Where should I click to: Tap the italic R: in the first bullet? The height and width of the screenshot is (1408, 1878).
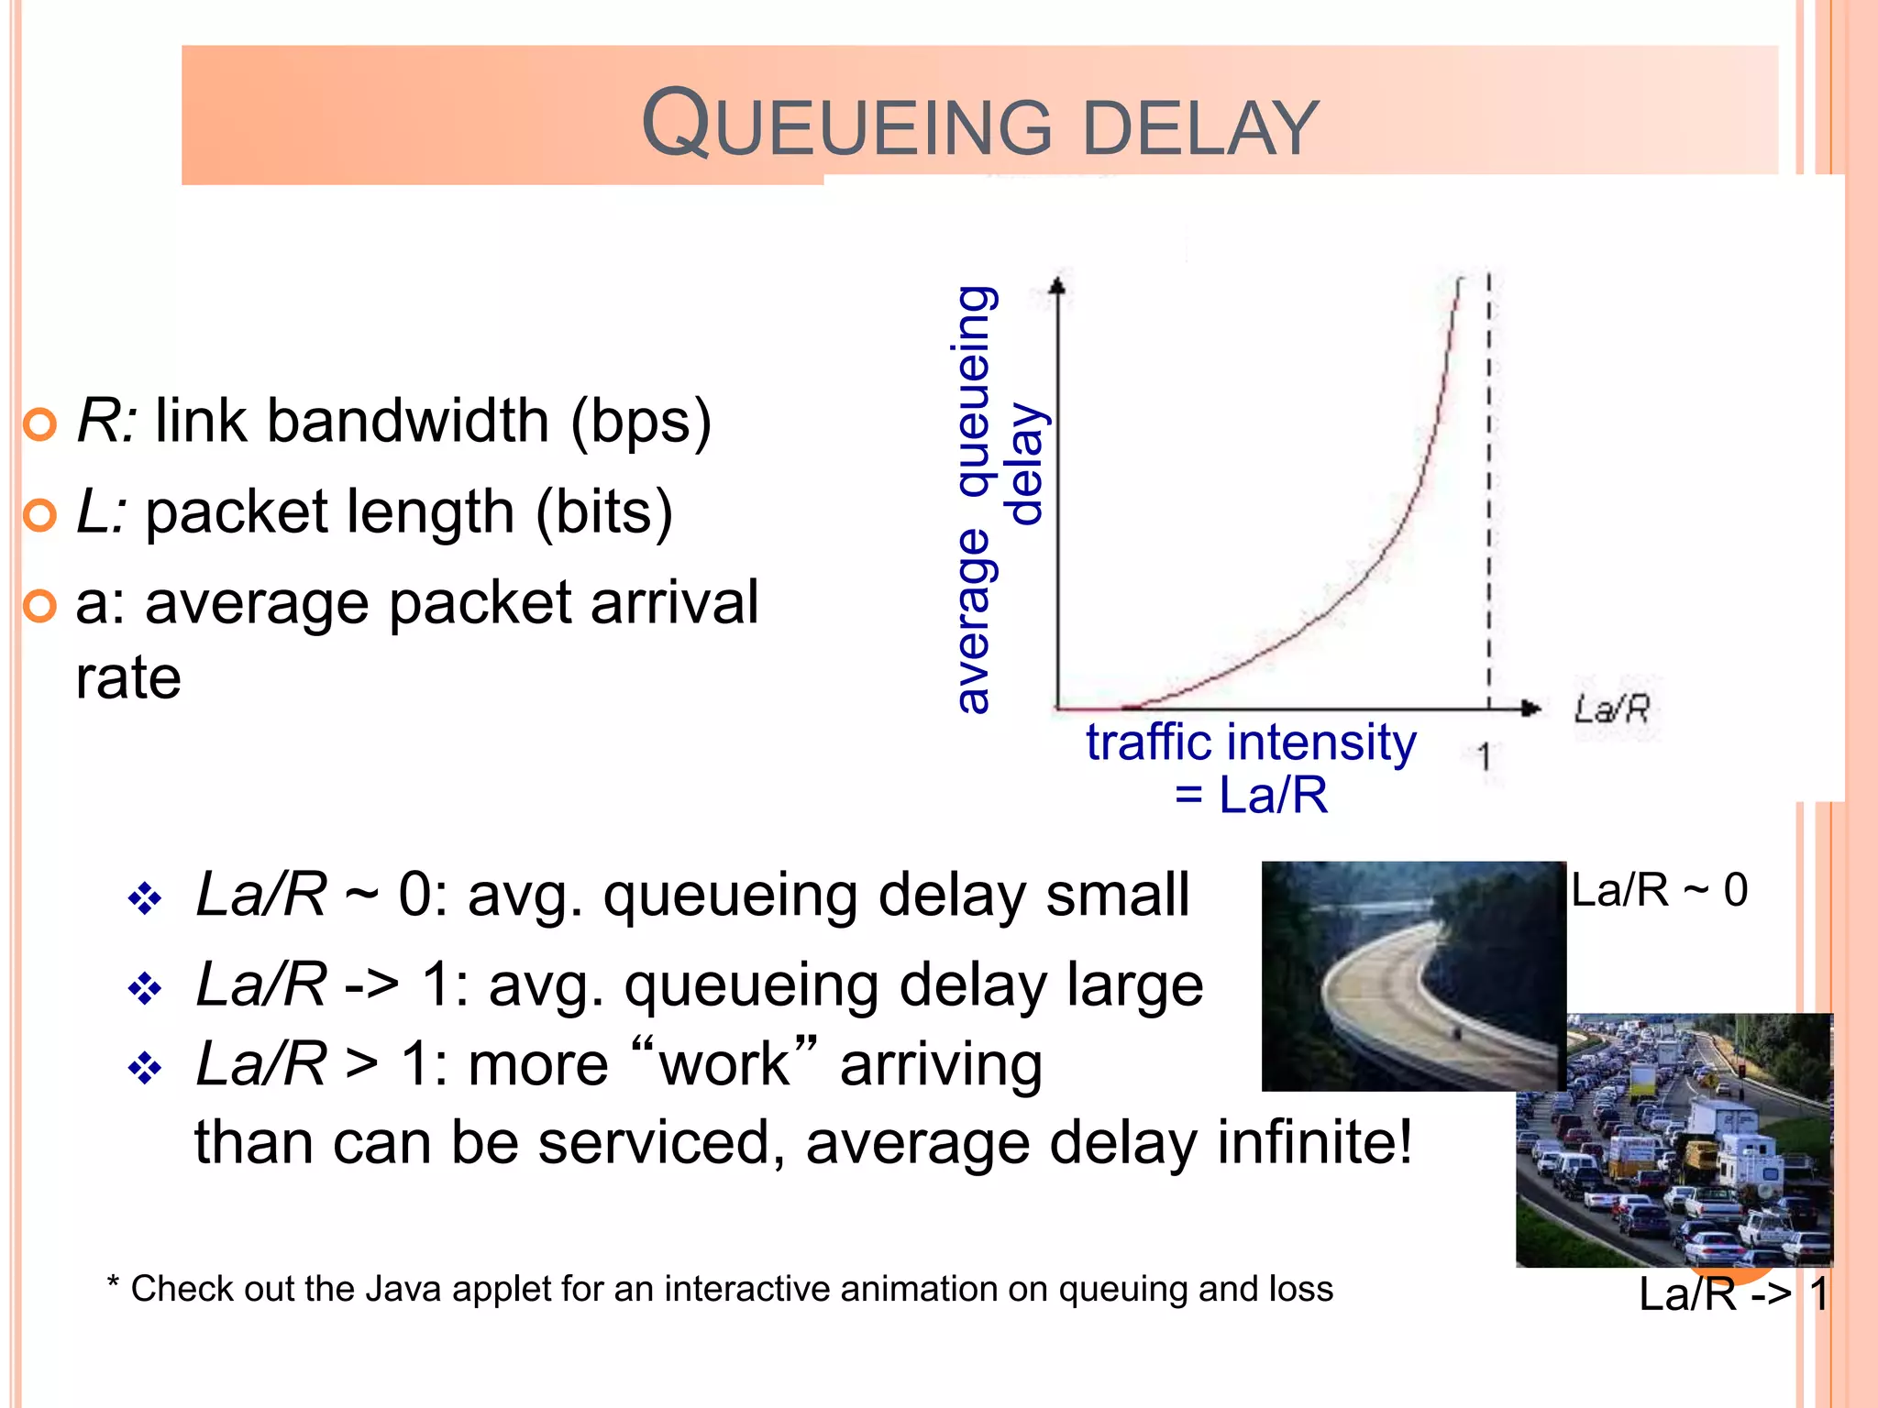106,422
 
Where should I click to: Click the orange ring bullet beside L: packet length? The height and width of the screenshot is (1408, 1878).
39,514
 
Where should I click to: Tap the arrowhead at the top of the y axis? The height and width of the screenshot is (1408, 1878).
1058,286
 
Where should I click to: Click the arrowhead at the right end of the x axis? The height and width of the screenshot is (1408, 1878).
1530,708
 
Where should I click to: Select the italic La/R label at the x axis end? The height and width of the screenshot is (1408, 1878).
1612,709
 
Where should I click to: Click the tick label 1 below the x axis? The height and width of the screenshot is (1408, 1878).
1485,757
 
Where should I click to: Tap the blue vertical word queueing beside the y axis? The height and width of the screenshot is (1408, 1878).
974,390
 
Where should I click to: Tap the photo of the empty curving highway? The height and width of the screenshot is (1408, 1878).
1412,975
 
